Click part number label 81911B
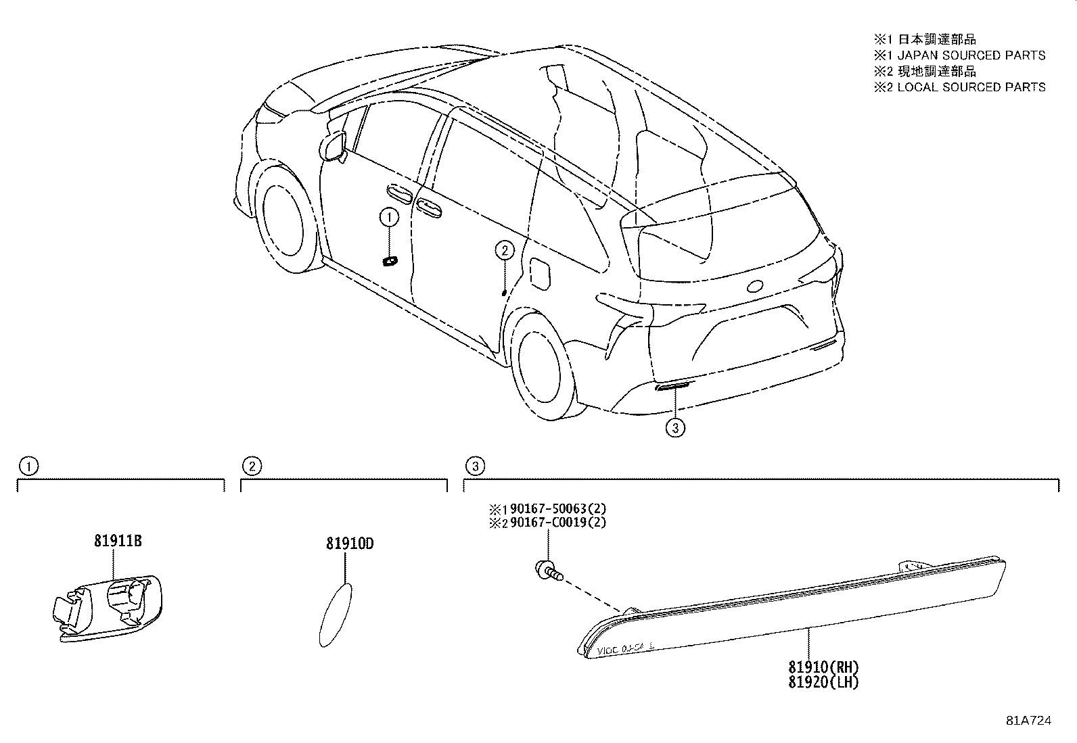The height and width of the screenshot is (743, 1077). point(118,541)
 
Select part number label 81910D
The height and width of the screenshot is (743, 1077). point(350,544)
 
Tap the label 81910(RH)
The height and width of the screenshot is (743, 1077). point(823,667)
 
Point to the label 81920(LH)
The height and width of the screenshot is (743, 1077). point(823,682)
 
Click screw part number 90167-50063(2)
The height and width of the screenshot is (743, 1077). point(558,508)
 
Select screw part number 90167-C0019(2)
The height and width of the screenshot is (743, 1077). point(558,523)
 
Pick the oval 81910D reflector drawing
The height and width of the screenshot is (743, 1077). point(336,615)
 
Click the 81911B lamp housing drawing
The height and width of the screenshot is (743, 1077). point(107,608)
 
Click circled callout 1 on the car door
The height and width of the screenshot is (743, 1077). point(389,218)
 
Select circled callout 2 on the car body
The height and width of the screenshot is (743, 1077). point(505,250)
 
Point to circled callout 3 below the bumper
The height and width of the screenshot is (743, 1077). point(675,428)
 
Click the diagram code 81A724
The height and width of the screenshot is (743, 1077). point(1029,721)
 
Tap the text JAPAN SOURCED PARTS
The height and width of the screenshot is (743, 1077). point(971,55)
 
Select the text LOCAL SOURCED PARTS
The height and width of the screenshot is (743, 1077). point(971,87)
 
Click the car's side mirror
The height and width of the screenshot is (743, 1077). point(333,145)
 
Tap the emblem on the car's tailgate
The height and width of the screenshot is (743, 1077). point(755,287)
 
